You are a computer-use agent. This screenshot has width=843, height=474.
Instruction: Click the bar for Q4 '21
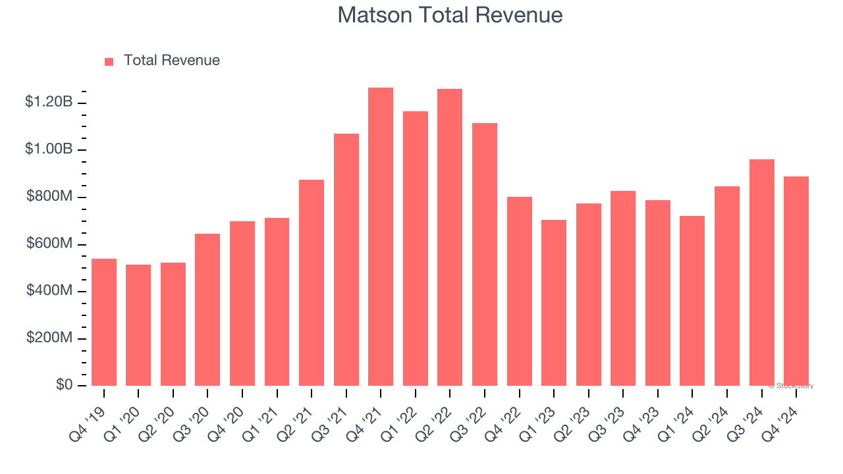pyautogui.click(x=381, y=237)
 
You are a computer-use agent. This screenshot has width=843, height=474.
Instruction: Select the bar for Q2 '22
pyautogui.click(x=450, y=238)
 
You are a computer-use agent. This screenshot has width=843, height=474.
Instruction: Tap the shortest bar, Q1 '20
pyautogui.click(x=138, y=325)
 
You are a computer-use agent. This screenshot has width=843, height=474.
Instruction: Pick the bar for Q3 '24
pyautogui.click(x=762, y=273)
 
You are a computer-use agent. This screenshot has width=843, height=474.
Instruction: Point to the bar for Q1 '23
pyautogui.click(x=554, y=303)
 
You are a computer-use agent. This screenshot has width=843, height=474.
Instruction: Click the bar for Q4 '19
pyautogui.click(x=104, y=323)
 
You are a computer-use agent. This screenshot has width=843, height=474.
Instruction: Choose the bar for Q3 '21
pyautogui.click(x=346, y=260)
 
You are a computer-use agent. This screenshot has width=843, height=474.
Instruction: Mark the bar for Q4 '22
pyautogui.click(x=520, y=292)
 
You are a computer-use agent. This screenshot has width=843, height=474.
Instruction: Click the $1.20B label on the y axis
pyautogui.click(x=49, y=102)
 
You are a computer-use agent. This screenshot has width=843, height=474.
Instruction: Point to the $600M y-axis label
pyautogui.click(x=49, y=244)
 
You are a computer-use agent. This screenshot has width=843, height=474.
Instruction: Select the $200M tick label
pyautogui.click(x=49, y=338)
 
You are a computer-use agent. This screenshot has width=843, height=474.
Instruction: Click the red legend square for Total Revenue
pyautogui.click(x=109, y=61)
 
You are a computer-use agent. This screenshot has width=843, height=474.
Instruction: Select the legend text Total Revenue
pyautogui.click(x=171, y=61)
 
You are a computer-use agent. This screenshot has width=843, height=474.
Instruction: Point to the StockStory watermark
pyautogui.click(x=791, y=386)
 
